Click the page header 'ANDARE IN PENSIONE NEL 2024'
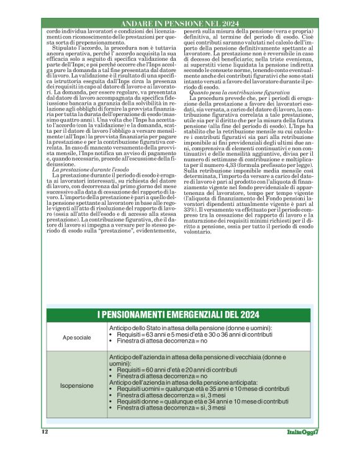pyautogui.click(x=179, y=23)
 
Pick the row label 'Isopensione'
pyautogui.click(x=76, y=385)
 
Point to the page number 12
pyautogui.click(x=45, y=431)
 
